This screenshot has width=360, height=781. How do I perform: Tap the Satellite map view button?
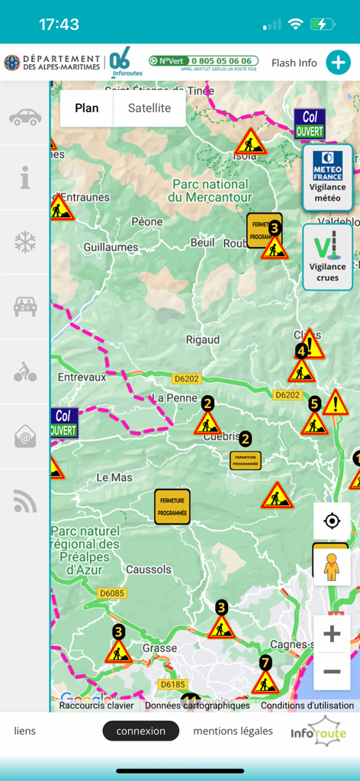tap(149, 108)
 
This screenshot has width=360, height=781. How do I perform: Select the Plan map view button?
tap(87, 108)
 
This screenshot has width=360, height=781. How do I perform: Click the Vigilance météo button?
tap(327, 178)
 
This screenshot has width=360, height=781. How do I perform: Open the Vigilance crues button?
tap(327, 257)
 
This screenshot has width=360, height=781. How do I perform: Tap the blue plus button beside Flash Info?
tap(338, 63)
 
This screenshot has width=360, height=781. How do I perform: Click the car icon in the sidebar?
tap(25, 117)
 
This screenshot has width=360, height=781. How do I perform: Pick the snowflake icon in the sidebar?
tap(25, 243)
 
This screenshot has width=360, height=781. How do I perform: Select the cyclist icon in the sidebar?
tap(25, 373)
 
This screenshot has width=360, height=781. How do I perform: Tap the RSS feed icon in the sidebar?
tap(25, 501)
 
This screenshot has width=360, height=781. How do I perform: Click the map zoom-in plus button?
tap(332, 634)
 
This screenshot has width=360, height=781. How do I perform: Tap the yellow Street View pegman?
tap(331, 565)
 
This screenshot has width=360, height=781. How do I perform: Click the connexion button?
tap(141, 731)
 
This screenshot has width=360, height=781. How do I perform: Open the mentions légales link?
tap(233, 731)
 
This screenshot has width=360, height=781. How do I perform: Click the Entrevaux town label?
tap(82, 377)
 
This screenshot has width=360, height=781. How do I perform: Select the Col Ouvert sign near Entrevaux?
tap(64, 423)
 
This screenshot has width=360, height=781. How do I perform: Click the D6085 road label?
tap(112, 593)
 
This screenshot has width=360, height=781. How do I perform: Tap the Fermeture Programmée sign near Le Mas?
tap(172, 507)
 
